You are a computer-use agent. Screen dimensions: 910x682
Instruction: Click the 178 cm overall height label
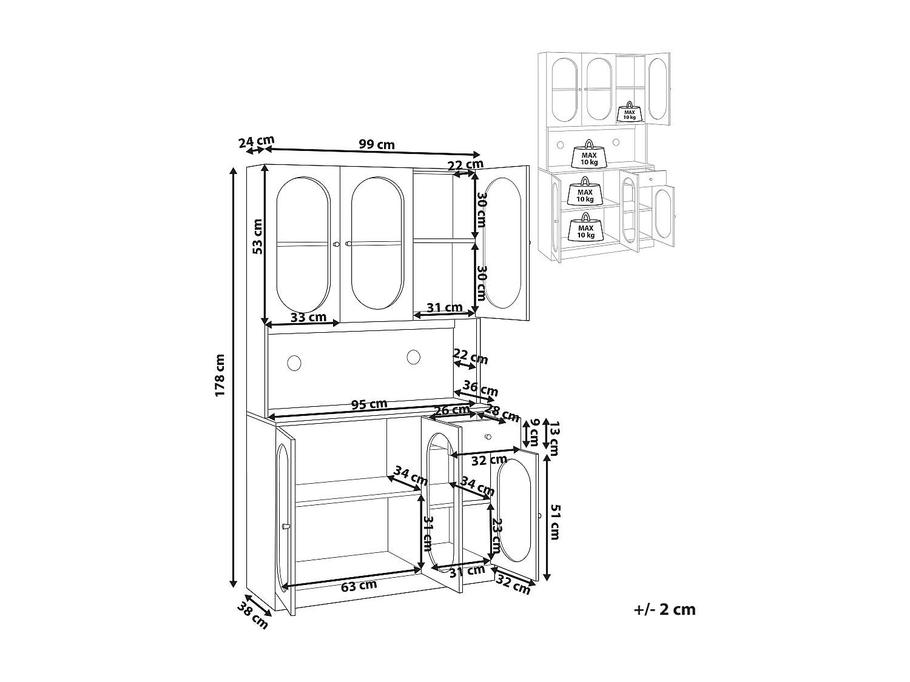pos(220,375)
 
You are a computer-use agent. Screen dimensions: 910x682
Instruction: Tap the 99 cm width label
pos(377,144)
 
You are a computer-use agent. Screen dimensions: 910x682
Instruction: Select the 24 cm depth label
pos(256,142)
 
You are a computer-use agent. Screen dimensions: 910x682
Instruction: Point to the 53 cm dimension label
pos(257,236)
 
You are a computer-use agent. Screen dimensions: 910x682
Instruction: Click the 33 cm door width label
pos(308,317)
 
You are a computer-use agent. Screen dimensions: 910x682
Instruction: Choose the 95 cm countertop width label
pos(369,404)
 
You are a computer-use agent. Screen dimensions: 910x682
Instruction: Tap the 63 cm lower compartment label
pos(359,586)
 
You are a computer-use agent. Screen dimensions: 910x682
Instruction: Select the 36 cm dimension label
pos(480,389)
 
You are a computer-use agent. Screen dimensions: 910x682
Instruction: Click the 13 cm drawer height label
pos(554,438)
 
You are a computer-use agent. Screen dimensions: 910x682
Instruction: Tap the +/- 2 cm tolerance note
pos(664,610)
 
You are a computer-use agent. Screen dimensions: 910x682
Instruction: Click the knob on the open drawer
pos(488,436)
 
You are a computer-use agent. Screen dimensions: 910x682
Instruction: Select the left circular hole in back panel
pos(294,363)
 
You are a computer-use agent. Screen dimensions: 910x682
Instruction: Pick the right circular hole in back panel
pos(413,357)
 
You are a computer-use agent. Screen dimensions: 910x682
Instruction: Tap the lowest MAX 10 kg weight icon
pos(586,227)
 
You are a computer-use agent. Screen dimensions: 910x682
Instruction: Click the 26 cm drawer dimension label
pos(452,410)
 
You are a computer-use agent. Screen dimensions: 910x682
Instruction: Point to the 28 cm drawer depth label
pos(502,413)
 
